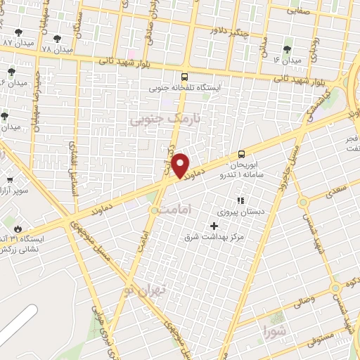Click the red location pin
[x=181, y=165]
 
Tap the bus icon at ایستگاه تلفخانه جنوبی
[x=184, y=77]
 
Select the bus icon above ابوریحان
[x=241, y=154]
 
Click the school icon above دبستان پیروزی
[x=240, y=200]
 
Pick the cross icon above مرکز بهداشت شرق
[x=214, y=226]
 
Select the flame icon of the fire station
[x=18, y=229]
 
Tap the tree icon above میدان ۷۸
[x=57, y=39]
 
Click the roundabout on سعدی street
[x=303, y=202]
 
